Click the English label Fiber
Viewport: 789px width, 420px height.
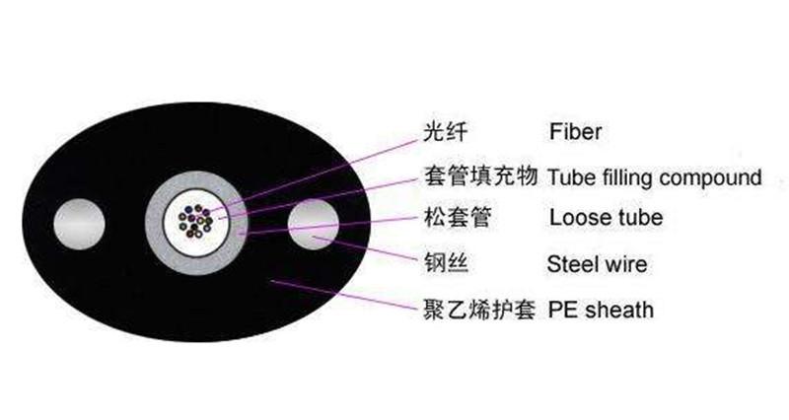click(x=575, y=132)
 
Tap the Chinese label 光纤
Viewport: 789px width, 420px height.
click(x=446, y=131)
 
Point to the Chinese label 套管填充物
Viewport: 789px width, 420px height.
click(x=480, y=176)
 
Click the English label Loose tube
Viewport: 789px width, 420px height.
click(x=606, y=217)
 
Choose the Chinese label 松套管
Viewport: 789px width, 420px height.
click(x=458, y=217)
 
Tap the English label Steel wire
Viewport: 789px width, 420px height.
click(x=597, y=264)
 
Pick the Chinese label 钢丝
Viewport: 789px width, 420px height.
click(x=446, y=262)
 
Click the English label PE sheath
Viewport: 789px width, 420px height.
click(x=601, y=310)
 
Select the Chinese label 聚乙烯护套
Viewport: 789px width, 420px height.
click(x=479, y=309)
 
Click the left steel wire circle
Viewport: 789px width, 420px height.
click(x=80, y=225)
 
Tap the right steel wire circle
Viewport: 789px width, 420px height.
click(x=313, y=225)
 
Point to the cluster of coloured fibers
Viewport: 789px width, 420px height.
click(x=195, y=221)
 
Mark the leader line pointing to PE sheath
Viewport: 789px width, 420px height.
click(x=344, y=294)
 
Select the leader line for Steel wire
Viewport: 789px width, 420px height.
click(x=365, y=248)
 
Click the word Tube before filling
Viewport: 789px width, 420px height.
click(x=572, y=177)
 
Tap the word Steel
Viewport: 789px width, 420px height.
click(x=572, y=264)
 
